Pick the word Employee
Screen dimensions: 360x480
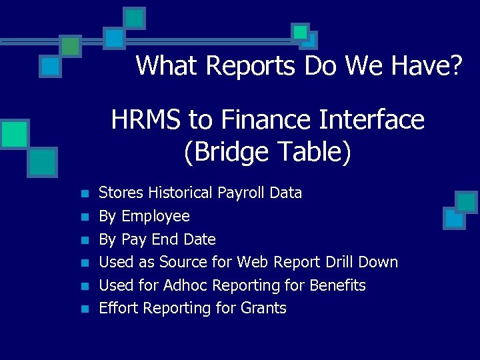point(156,217)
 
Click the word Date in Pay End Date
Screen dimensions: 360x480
point(201,239)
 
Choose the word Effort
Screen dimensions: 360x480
point(119,308)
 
